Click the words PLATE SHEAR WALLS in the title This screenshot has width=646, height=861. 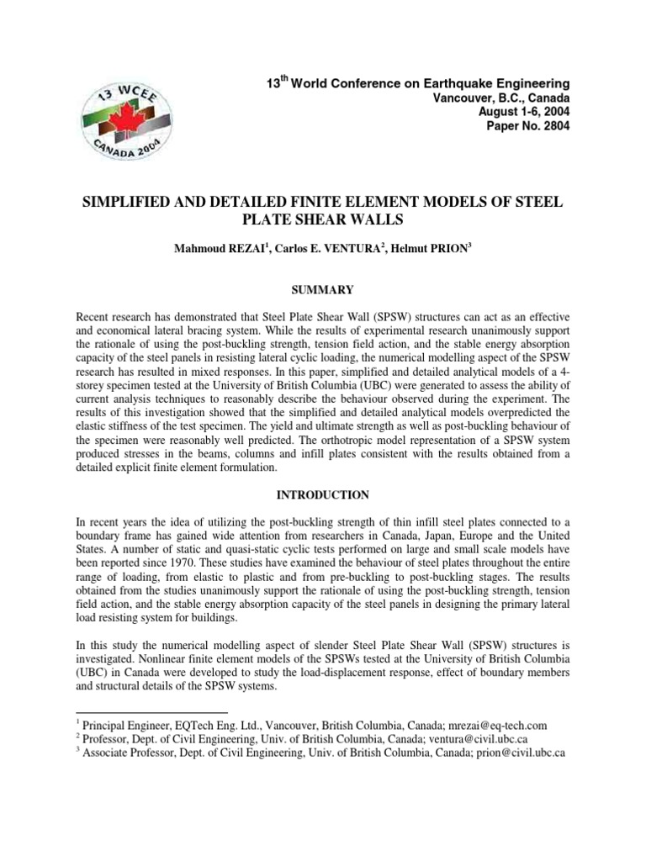coord(322,221)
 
